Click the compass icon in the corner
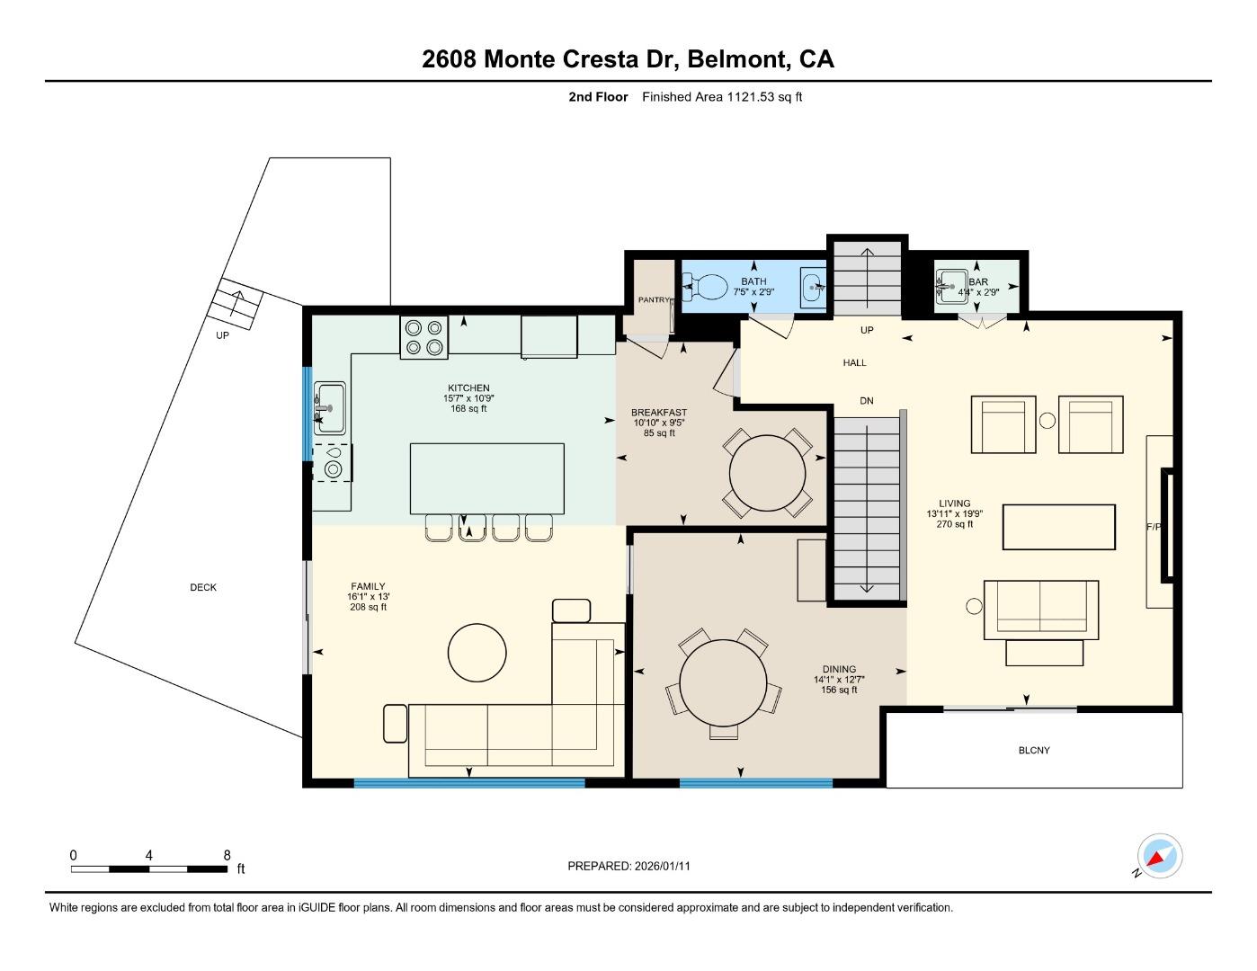point(1159,856)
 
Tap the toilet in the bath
point(708,288)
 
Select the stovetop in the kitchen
point(424,338)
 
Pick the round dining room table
point(723,682)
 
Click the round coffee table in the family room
point(477,653)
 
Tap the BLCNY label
point(1034,751)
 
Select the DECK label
point(203,588)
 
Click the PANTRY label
point(654,300)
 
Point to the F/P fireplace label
point(1154,527)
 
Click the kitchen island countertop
point(486,478)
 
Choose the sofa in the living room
point(1040,609)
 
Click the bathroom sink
point(814,289)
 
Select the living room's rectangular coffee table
point(1058,527)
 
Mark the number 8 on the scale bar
point(227,856)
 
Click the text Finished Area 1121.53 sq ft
point(721,97)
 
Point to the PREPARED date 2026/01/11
point(628,867)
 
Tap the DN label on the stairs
point(867,401)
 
